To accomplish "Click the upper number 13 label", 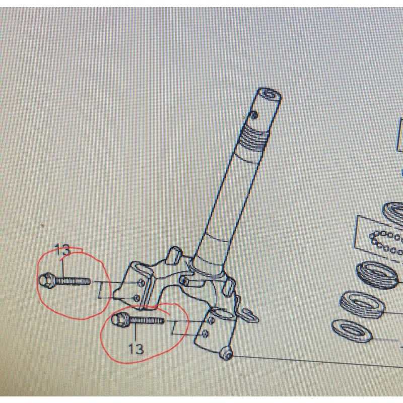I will click(x=62, y=249).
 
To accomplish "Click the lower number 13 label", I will click(x=136, y=348).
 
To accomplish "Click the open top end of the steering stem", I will click(x=268, y=95).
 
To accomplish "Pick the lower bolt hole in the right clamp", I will click(x=205, y=333).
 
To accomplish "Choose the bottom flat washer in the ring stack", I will click(x=353, y=330).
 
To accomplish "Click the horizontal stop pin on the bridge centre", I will click(x=186, y=280).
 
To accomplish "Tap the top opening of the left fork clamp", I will click(x=141, y=266).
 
